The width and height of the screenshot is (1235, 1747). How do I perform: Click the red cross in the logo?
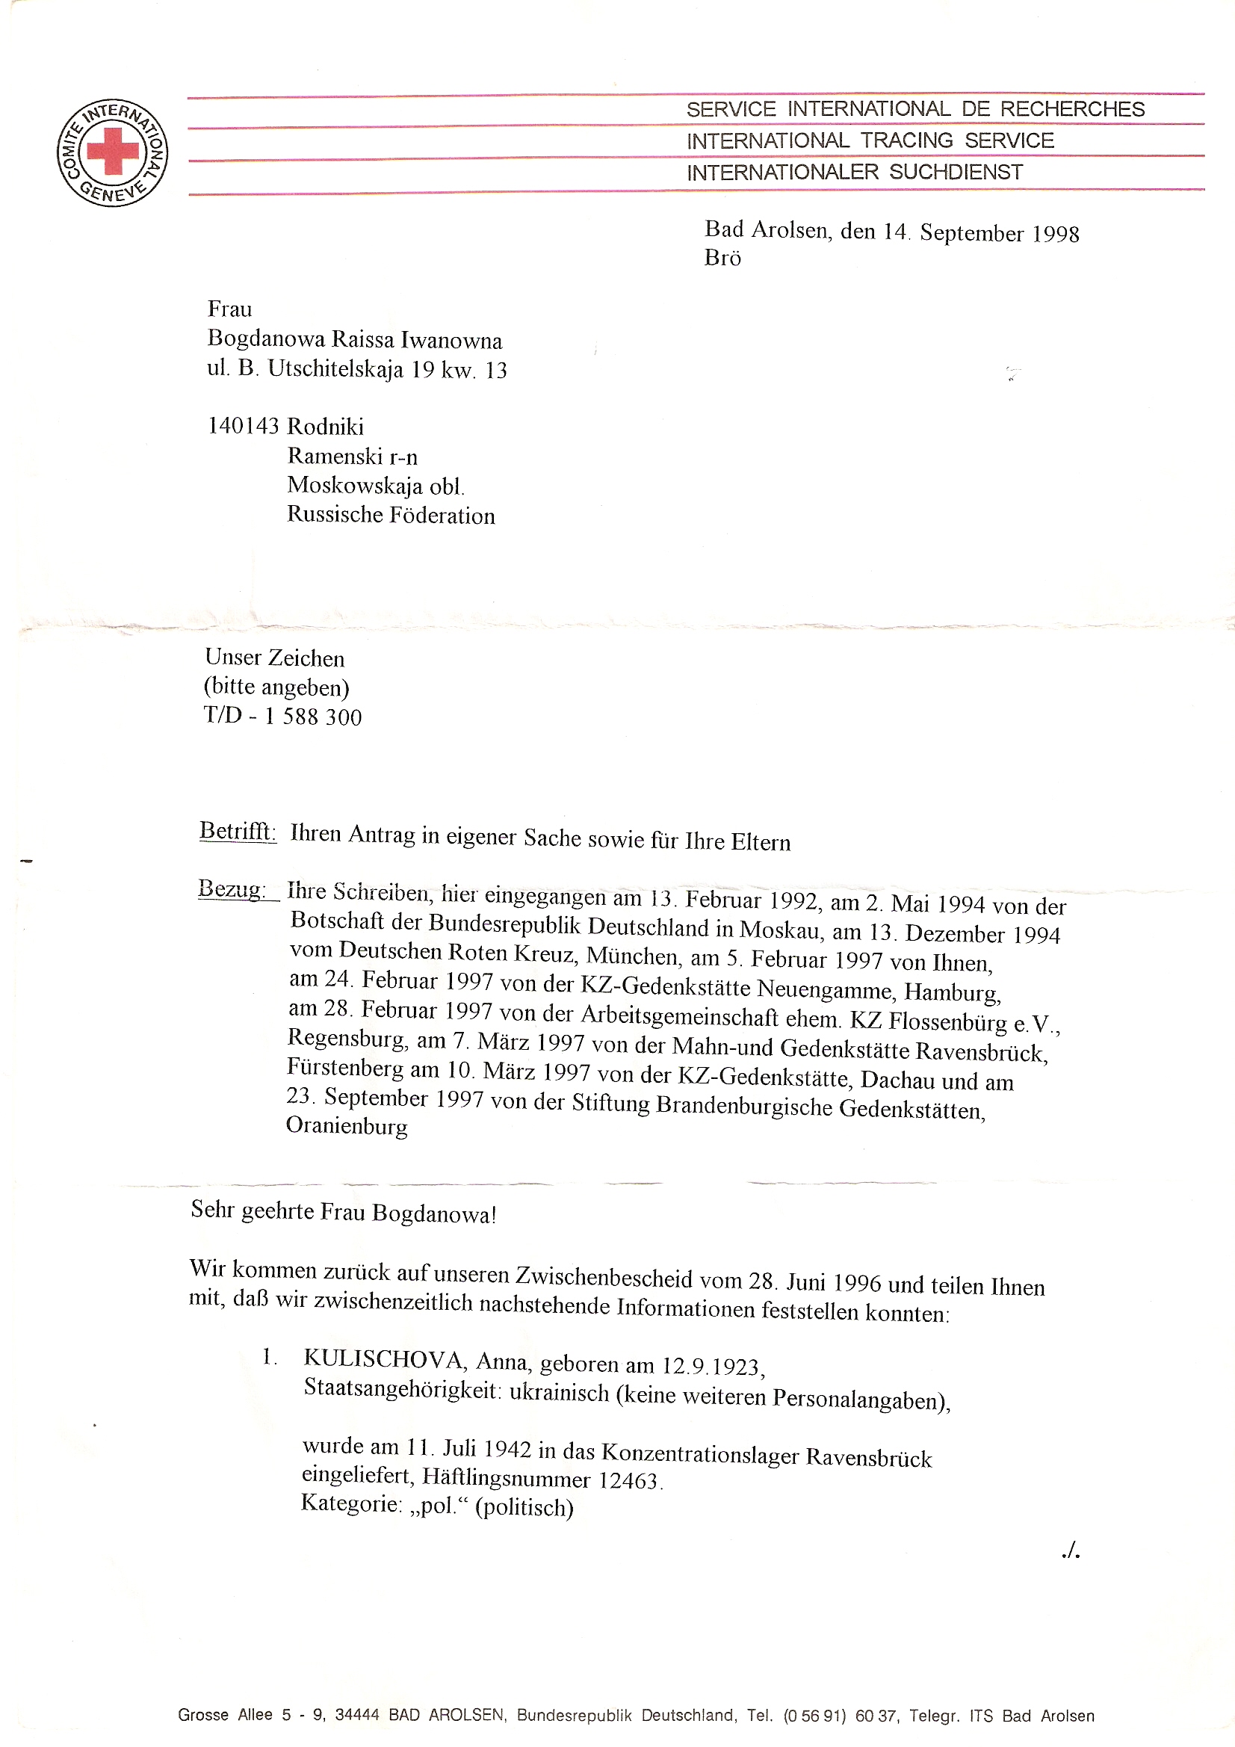(113, 151)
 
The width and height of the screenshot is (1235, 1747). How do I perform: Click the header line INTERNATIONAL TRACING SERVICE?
(870, 140)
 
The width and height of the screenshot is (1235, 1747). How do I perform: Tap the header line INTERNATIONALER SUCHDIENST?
(855, 173)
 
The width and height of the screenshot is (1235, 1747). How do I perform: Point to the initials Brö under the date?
(722, 259)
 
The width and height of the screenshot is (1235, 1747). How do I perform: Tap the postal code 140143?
(244, 426)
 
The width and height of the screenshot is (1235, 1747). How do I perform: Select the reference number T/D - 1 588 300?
(283, 717)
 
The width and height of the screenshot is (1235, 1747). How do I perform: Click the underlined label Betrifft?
(238, 831)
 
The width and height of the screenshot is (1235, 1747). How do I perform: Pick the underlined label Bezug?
(232, 888)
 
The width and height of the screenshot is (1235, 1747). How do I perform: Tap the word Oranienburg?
(346, 1127)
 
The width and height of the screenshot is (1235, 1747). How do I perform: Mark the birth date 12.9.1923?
(711, 1367)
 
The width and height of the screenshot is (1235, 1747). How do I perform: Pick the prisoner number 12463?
(628, 1481)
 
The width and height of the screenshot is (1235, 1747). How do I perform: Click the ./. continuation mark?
(1071, 1551)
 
